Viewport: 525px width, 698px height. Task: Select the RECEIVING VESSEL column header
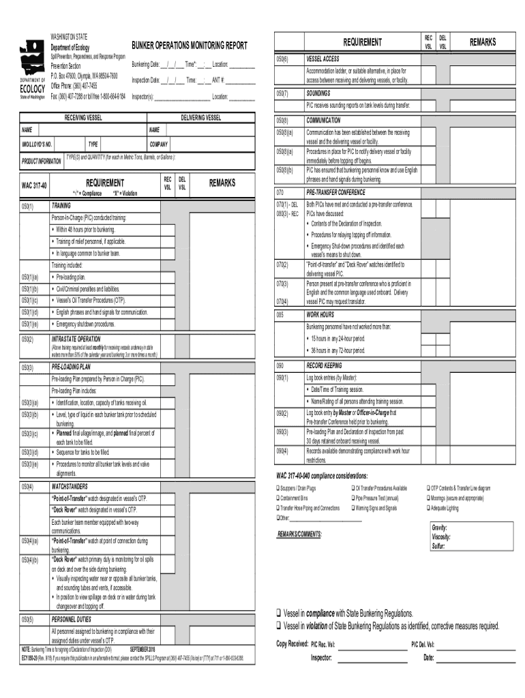point(83,118)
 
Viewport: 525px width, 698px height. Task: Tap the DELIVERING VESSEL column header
point(200,118)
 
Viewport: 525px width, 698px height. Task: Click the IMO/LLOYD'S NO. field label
point(37,145)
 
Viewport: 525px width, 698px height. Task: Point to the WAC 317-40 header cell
point(34,185)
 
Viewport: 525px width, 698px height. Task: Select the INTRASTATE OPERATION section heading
point(76,339)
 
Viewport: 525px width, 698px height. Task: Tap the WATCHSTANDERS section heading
point(70,487)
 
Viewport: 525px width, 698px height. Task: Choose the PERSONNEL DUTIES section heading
point(72,620)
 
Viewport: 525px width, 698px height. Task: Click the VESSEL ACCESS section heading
point(322,59)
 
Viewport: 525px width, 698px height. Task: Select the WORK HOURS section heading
point(320,315)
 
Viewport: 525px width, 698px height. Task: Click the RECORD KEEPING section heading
point(324,365)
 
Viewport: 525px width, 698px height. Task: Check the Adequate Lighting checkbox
point(426,509)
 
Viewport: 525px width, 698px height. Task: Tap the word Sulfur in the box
point(438,546)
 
